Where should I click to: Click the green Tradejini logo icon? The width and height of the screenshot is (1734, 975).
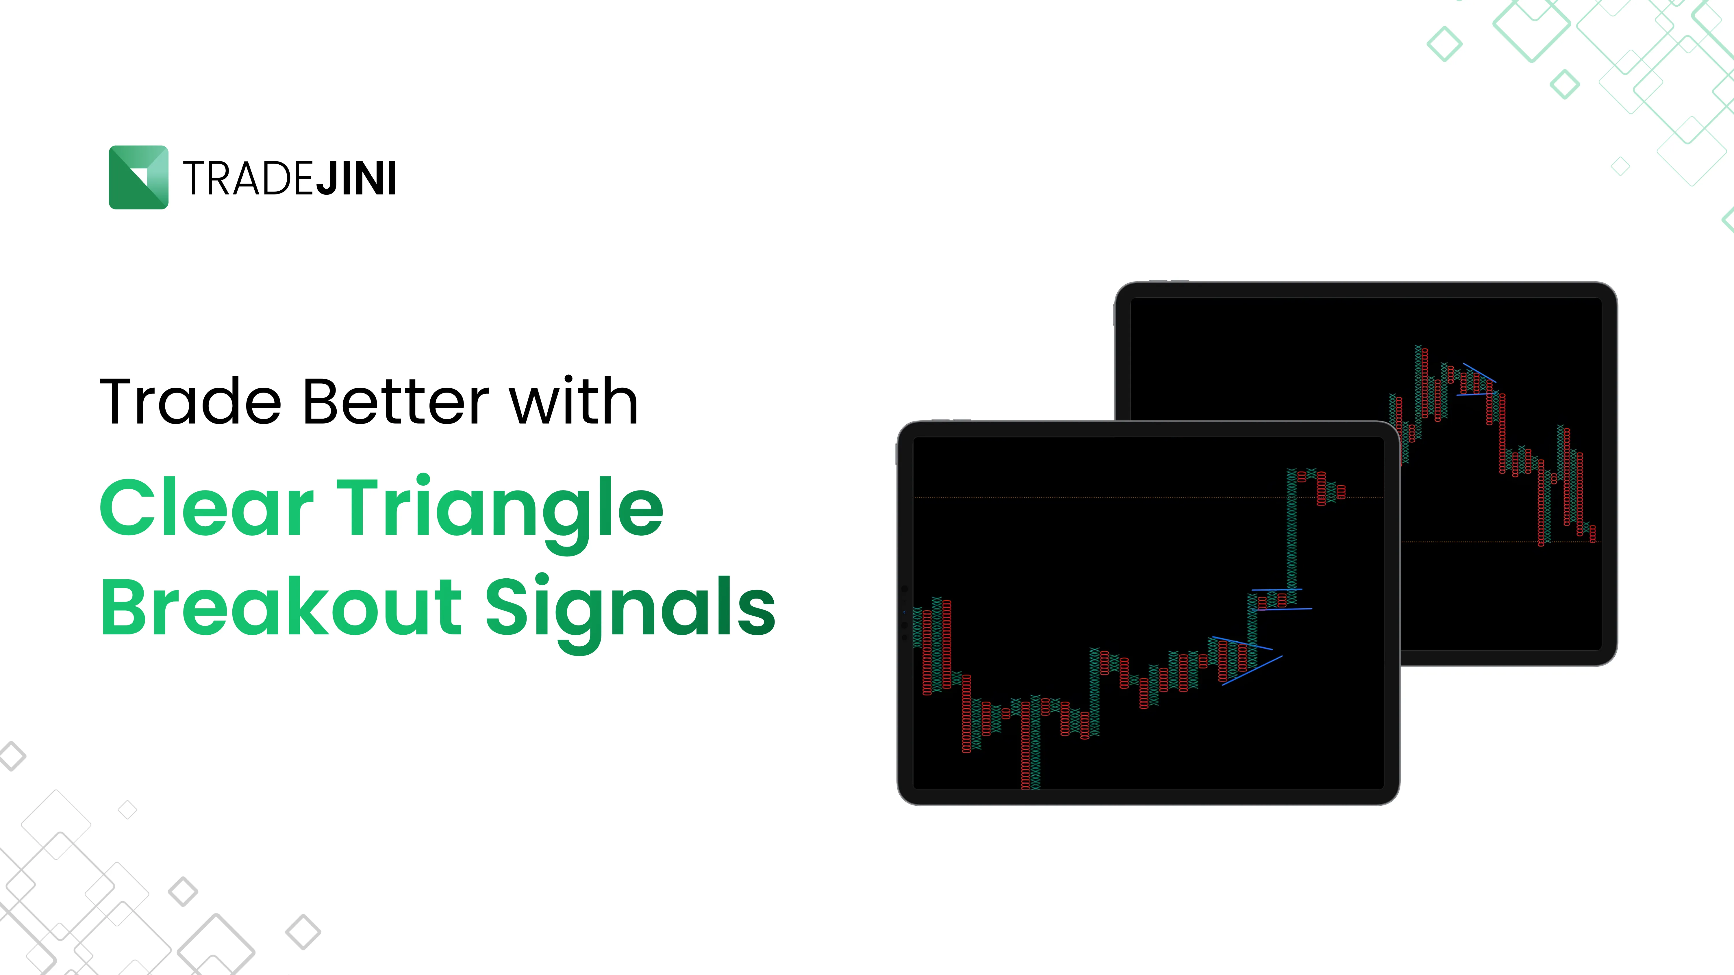[x=138, y=177]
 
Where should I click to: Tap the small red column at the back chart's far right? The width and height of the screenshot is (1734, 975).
[x=1593, y=534]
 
